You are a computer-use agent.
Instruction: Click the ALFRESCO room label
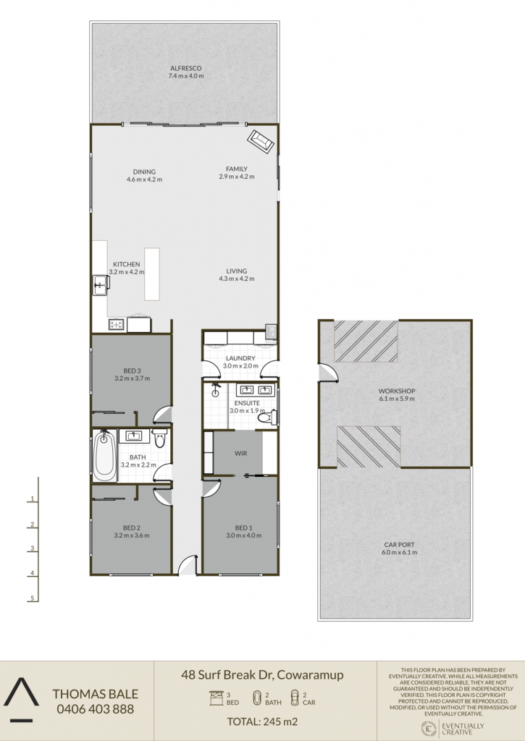186,68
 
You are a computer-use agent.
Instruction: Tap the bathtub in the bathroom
105,456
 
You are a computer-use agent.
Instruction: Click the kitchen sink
101,284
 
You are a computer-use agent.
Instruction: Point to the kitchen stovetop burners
117,324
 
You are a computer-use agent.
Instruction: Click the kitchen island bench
152,274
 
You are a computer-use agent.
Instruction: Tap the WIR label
240,453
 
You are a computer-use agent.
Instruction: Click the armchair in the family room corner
261,141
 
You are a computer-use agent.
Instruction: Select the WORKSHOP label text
397,391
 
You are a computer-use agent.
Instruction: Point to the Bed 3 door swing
163,414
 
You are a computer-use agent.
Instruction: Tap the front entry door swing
188,564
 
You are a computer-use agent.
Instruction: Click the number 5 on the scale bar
33,598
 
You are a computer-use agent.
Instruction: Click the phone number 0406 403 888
96,709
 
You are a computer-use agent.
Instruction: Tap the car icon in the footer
295,698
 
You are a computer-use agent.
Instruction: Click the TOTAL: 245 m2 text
262,721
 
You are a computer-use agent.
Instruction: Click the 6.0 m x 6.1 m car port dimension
399,552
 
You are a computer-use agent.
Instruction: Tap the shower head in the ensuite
216,390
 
